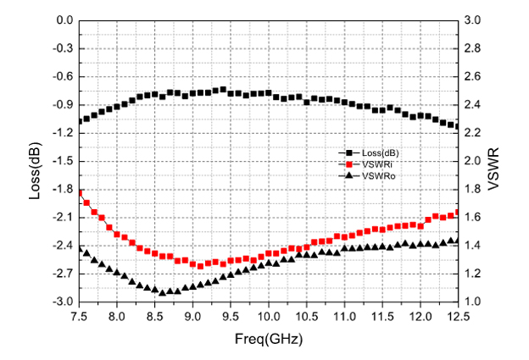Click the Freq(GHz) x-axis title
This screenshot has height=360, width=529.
tap(269, 339)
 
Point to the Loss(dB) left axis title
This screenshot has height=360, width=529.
tap(36, 161)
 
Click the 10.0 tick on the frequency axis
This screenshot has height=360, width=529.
tap(269, 316)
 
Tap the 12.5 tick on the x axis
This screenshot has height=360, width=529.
tap(458, 316)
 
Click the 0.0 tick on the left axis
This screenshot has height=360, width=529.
tap(64, 19)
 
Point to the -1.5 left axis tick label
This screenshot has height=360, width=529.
tap(62, 161)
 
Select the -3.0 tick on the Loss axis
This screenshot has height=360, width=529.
tap(62, 302)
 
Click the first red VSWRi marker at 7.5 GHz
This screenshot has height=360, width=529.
tap(80, 194)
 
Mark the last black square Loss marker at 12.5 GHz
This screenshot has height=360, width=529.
tap(457, 127)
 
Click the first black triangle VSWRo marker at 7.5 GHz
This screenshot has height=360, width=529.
tap(80, 250)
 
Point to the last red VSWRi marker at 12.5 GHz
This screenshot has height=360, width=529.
tap(457, 213)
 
